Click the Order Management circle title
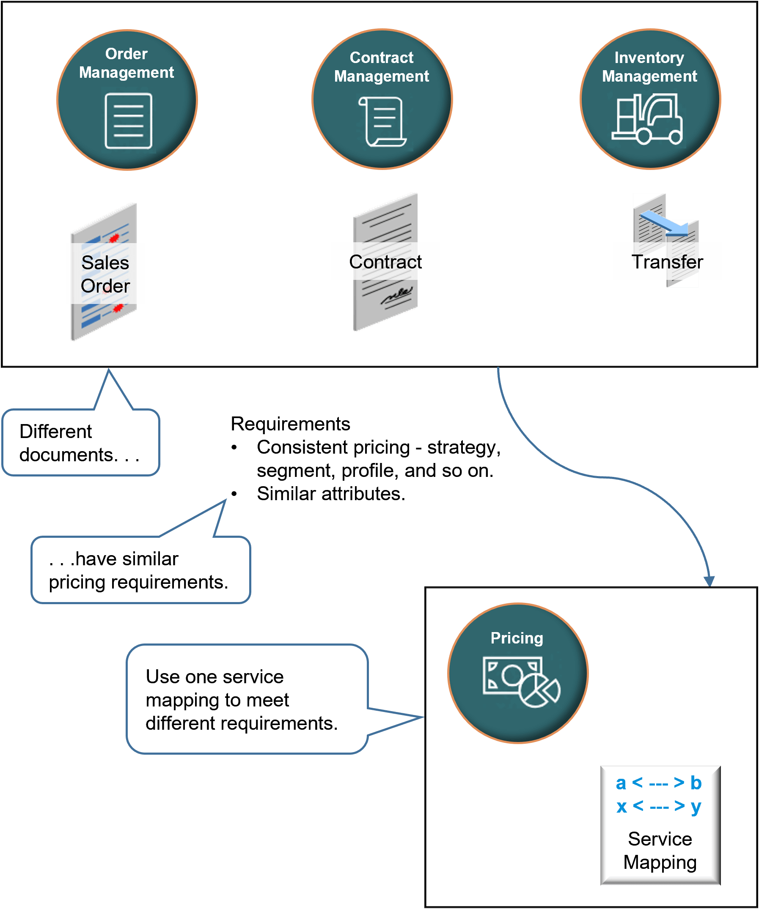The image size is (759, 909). [x=126, y=63]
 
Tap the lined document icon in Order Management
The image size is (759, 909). [x=128, y=121]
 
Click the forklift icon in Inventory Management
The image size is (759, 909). [x=648, y=120]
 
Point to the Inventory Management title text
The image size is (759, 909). [x=649, y=67]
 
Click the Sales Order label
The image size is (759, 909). [x=105, y=274]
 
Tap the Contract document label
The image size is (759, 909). [x=385, y=262]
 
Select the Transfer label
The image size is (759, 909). [x=667, y=262]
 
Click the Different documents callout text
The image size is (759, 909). [x=79, y=443]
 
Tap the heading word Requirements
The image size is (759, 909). [x=290, y=424]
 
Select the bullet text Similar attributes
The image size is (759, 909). [x=331, y=494]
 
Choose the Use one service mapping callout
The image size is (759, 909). [x=241, y=700]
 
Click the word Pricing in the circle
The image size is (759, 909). [x=517, y=638]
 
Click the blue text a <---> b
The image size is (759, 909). [x=658, y=783]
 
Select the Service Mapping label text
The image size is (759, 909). [x=660, y=851]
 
